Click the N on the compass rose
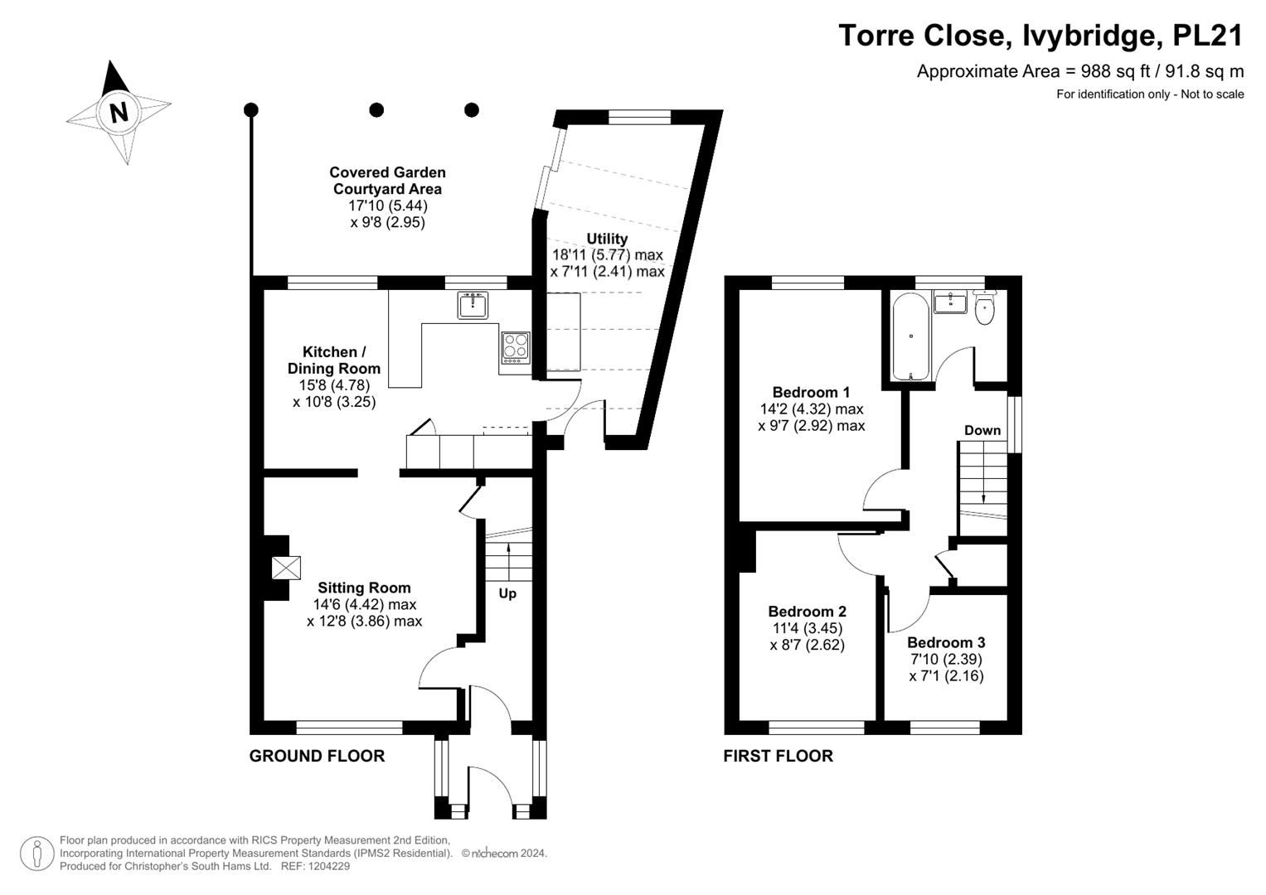119,113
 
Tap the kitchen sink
473,305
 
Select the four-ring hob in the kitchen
516,347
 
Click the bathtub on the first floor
910,336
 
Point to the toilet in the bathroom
985,307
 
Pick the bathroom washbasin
951,302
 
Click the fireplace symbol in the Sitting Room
286,568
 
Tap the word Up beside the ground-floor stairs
507,594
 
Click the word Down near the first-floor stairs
982,430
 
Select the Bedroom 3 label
946,642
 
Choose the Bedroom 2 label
807,612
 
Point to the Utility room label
607,239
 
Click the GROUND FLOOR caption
317,756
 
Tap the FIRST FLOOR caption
779,756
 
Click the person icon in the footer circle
36,854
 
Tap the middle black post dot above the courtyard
376,109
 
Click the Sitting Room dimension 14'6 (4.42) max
365,605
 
